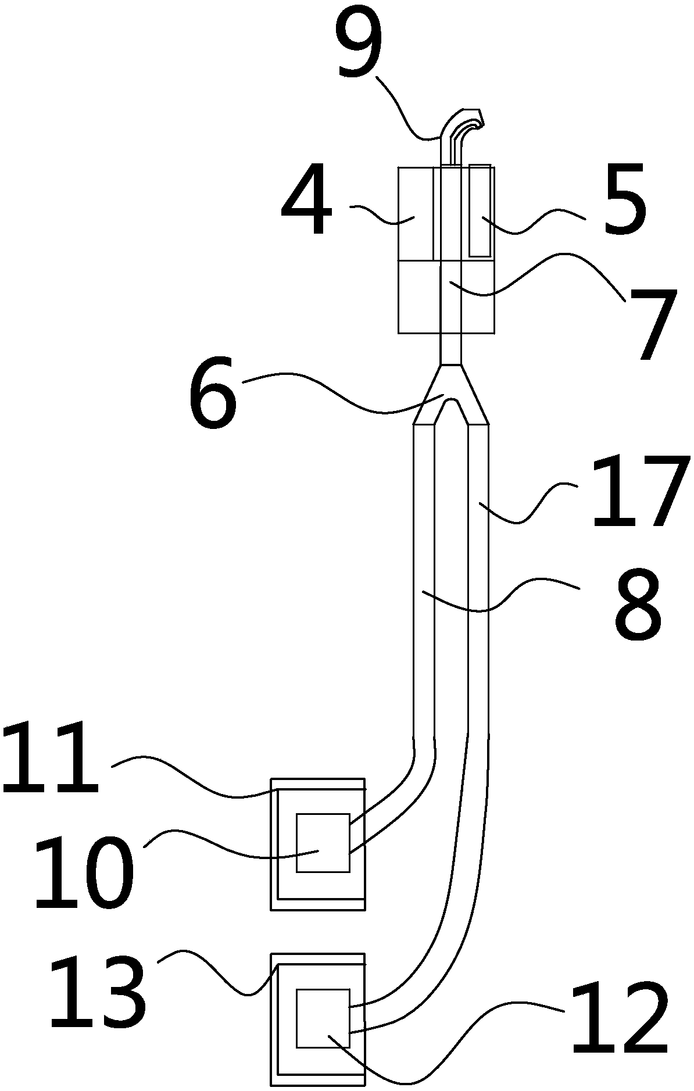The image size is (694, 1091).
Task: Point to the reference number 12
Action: click(x=619, y=1017)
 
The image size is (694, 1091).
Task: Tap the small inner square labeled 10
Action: click(x=323, y=843)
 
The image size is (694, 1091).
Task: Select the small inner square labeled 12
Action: click(x=323, y=1017)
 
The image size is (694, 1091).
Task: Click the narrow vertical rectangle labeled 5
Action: click(x=480, y=210)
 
